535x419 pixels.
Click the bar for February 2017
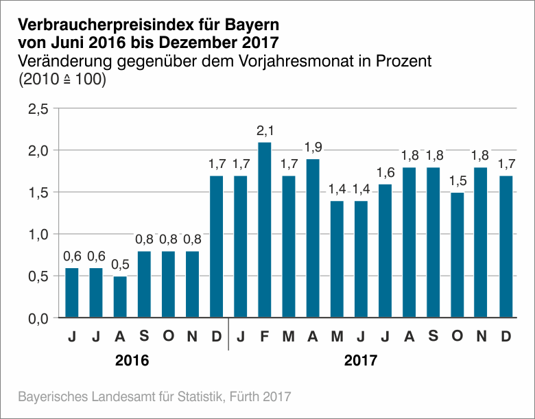[x=265, y=230]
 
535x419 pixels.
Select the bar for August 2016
[x=121, y=297]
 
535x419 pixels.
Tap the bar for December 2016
[x=217, y=247]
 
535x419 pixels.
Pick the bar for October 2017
[x=457, y=255]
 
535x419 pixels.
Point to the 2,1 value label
[x=265, y=130]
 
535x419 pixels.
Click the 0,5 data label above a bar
[x=121, y=265]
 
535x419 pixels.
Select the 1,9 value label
[x=313, y=147]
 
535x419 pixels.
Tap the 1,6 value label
[x=385, y=172]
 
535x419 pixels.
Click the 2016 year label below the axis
[x=132, y=359]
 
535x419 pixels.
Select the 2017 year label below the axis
[x=360, y=359]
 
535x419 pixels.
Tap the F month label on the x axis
[x=265, y=337]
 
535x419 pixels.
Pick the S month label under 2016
[x=145, y=337]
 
